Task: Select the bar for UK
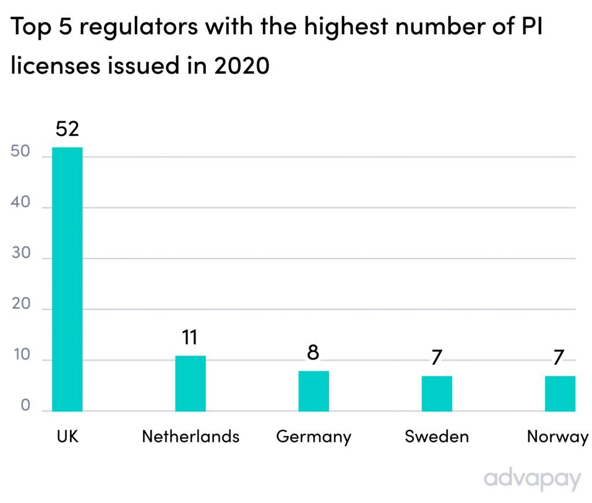67,279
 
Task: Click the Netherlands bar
190,383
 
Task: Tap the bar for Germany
313,391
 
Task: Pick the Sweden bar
436,394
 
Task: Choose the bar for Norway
560,394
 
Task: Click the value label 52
67,129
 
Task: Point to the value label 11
190,337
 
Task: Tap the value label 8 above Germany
313,352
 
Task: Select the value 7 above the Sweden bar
436,357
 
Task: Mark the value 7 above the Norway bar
558,357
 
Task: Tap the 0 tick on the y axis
25,406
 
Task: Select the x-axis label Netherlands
190,436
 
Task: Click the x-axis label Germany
313,437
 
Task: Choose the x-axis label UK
67,436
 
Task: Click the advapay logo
531,479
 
